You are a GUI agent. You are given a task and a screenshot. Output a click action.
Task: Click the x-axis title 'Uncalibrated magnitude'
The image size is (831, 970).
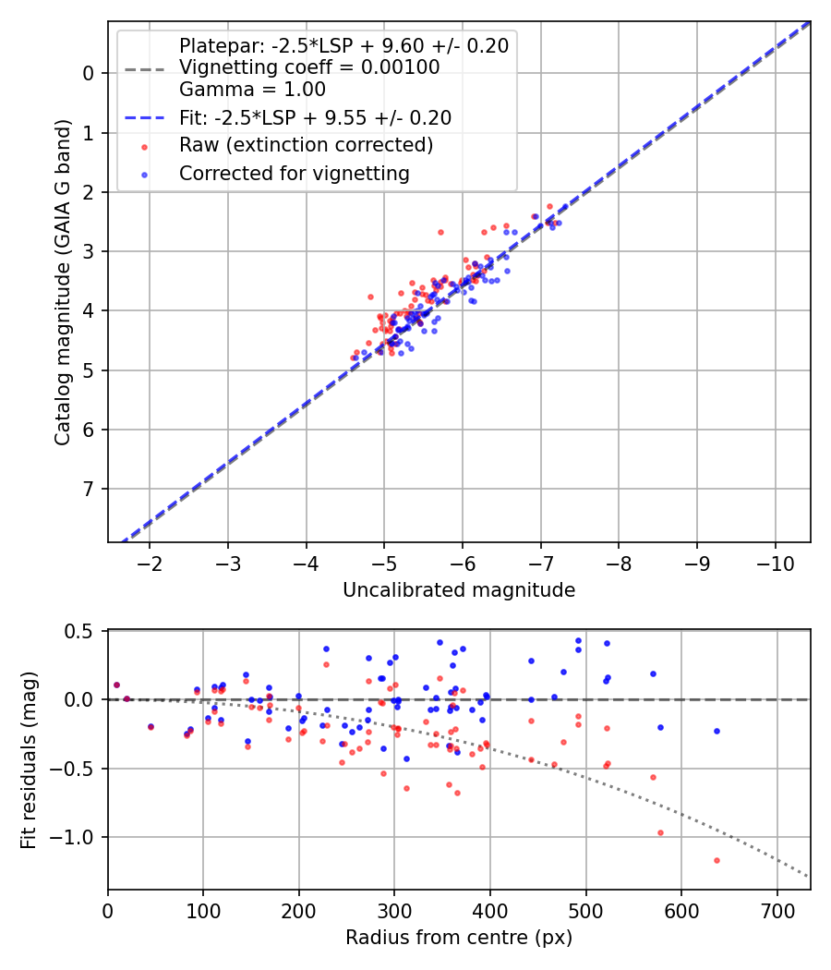(459, 590)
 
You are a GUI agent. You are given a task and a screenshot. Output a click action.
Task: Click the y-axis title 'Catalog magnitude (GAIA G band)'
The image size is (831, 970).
(63, 281)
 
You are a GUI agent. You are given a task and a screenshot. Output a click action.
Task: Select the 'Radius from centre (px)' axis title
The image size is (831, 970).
(459, 938)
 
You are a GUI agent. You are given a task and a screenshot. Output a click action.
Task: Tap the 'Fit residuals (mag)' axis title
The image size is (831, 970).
(29, 759)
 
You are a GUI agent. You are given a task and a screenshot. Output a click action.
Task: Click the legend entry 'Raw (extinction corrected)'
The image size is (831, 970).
(306, 145)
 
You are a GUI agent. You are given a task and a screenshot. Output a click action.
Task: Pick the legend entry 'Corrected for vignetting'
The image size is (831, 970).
(295, 173)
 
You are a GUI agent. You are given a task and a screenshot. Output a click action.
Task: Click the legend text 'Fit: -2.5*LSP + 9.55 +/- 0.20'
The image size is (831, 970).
(315, 117)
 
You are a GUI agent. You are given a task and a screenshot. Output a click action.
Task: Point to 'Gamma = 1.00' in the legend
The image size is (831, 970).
(252, 90)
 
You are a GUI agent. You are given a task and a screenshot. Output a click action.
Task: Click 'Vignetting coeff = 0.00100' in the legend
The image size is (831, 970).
(309, 67)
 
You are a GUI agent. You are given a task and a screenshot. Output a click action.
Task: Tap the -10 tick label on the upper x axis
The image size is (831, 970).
(775, 564)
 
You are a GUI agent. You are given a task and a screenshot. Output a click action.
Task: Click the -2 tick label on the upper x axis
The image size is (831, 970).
(150, 564)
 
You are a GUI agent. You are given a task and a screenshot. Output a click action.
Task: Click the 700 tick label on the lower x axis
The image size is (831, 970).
(777, 912)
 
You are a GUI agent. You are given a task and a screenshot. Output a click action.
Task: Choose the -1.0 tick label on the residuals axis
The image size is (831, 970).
(76, 837)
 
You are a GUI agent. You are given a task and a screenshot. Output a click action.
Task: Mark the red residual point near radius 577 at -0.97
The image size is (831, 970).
(660, 832)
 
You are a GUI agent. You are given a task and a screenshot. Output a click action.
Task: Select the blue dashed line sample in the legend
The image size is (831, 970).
(144, 118)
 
